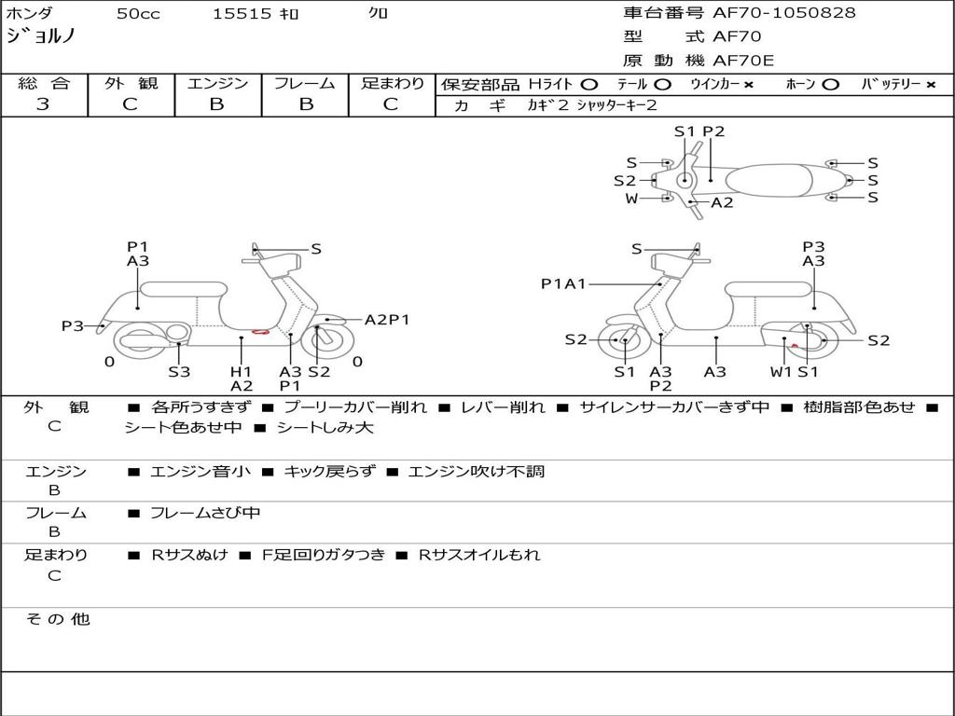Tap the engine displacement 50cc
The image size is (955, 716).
pos(138,14)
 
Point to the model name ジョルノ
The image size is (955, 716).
pos(41,36)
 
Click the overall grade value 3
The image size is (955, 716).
pos(43,104)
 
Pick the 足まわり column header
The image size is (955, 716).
pos(392,84)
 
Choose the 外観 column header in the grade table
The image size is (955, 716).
pos(131,84)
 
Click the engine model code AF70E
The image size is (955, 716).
pos(743,62)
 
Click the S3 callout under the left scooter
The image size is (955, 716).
pos(179,371)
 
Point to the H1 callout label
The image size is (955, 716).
pos(241,371)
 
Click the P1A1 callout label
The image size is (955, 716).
pos(563,284)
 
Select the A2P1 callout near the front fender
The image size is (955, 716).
pos(387,320)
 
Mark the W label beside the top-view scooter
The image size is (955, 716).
pos(631,198)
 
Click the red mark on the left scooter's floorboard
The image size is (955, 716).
pos(261,332)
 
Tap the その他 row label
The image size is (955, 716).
pos(58,619)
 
